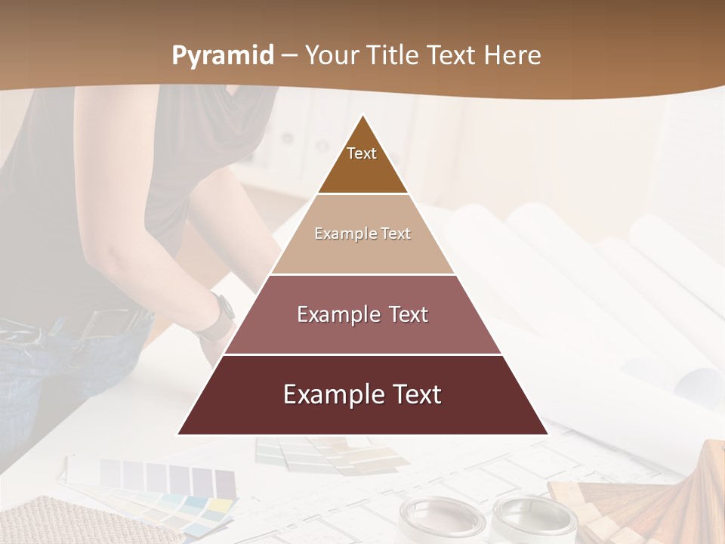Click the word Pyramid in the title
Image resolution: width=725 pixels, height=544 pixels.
point(222,56)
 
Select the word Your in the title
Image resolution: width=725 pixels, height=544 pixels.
point(332,55)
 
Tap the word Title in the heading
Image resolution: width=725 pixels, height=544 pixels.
point(393,55)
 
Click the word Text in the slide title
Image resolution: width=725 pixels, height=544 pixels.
point(452,55)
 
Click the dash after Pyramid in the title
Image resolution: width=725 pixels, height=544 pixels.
point(289,56)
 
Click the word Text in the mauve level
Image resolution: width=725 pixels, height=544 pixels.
point(409,314)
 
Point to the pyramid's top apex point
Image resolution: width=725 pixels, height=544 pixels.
point(362,116)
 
